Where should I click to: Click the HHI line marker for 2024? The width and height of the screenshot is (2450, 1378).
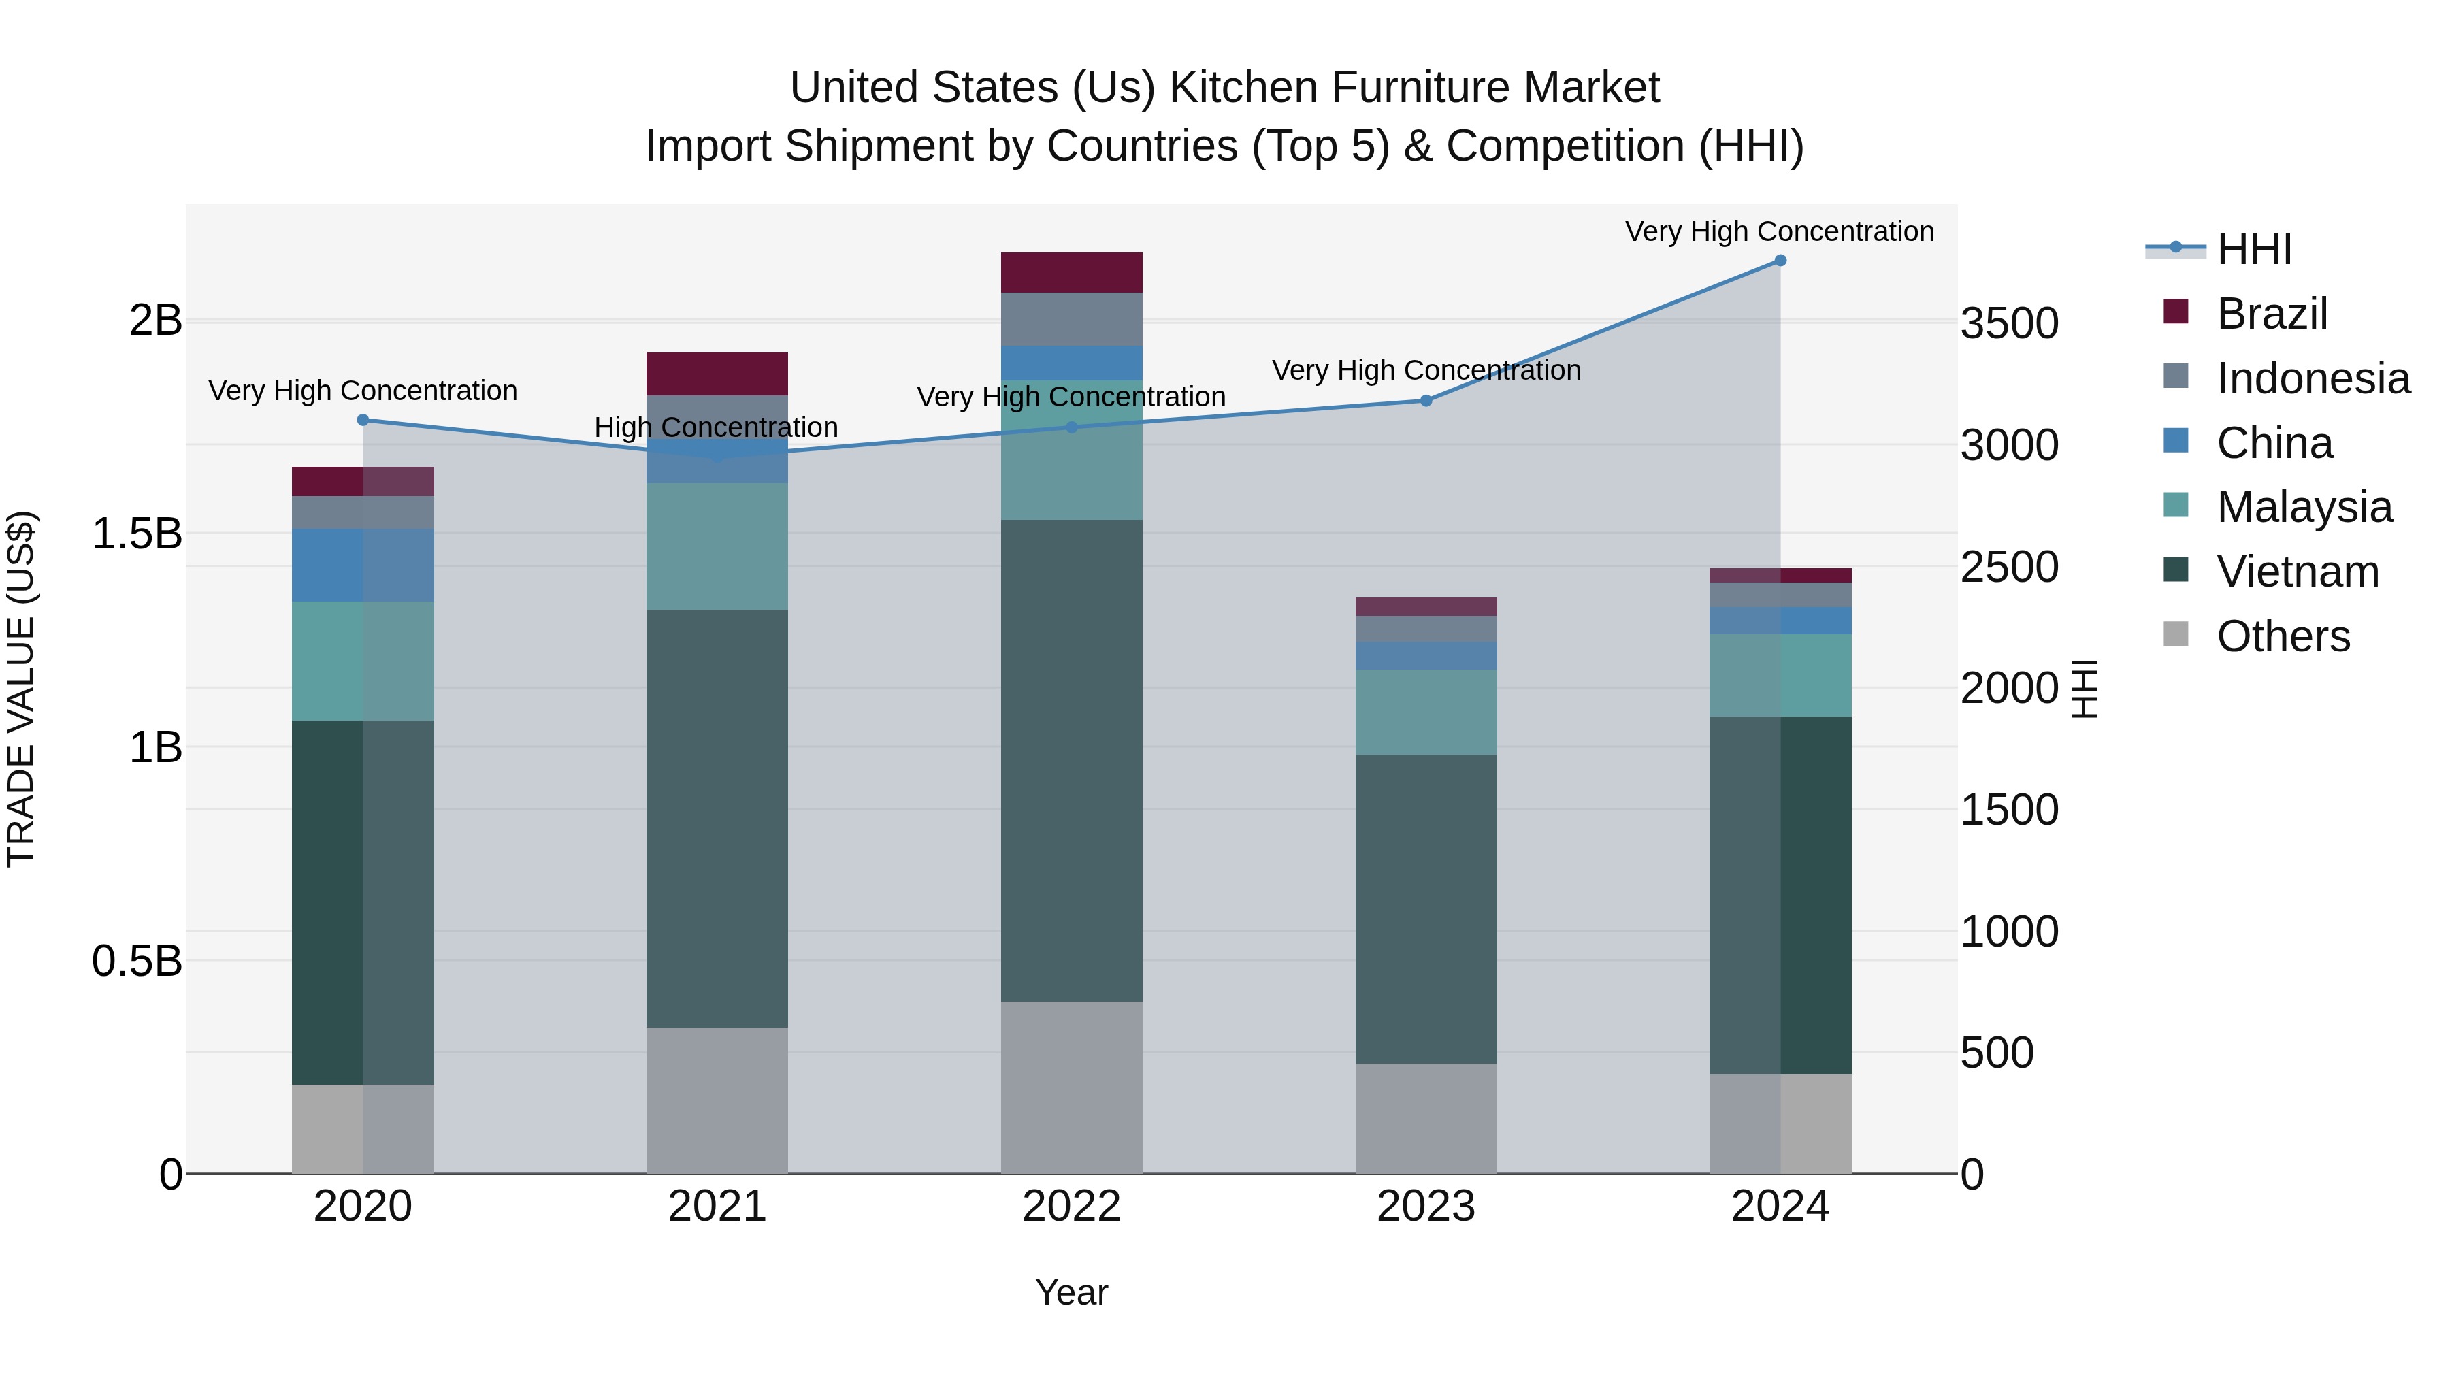(x=1780, y=261)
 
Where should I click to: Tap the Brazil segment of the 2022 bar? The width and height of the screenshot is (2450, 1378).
(x=1071, y=273)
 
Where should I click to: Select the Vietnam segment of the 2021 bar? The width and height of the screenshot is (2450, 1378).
(x=717, y=818)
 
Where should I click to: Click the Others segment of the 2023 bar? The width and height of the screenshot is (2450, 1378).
(x=1426, y=1117)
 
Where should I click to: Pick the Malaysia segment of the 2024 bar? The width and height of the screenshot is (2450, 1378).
(x=1780, y=675)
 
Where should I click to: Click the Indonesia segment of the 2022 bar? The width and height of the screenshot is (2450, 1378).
(x=1071, y=320)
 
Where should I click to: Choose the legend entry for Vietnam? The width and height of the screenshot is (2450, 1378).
(x=2297, y=572)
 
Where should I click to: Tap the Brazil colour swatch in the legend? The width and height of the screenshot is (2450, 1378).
(x=2175, y=312)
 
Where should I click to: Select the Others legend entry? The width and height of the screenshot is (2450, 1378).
(x=2283, y=636)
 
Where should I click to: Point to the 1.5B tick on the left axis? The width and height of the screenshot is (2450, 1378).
(x=136, y=534)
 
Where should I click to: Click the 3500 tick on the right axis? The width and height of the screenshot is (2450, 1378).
(x=2009, y=323)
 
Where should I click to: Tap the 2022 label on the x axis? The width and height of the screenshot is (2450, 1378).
(x=1071, y=1207)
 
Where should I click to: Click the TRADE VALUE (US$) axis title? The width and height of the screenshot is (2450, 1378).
(x=22, y=689)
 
